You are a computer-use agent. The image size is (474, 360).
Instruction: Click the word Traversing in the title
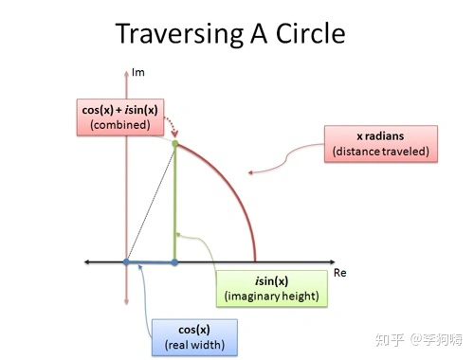click(179, 34)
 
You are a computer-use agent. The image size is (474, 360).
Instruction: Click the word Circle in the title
click(311, 33)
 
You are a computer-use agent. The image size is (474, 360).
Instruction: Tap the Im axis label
click(138, 72)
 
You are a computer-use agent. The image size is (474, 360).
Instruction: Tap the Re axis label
click(340, 273)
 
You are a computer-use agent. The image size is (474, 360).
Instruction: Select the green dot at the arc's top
click(175, 144)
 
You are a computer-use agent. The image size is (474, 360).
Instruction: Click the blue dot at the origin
click(126, 261)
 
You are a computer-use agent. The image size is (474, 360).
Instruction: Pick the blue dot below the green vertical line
click(174, 261)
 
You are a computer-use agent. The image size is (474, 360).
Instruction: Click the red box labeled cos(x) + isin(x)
click(120, 117)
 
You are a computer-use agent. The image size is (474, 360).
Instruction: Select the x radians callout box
click(381, 144)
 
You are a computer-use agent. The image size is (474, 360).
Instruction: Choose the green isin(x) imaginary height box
click(272, 288)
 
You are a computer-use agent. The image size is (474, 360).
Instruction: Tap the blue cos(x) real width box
click(194, 337)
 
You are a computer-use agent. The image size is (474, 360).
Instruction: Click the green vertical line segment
click(174, 203)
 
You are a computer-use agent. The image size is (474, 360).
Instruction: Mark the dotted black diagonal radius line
click(151, 203)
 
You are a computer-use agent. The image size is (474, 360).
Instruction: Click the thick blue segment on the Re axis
click(151, 261)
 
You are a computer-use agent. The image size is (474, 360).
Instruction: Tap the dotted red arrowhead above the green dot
click(174, 134)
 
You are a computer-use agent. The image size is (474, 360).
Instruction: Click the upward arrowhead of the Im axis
click(126, 73)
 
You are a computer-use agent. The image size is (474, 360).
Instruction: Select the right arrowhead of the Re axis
click(332, 261)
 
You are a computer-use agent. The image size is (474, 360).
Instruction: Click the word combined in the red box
click(120, 125)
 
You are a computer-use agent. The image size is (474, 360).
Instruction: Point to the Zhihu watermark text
click(419, 340)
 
